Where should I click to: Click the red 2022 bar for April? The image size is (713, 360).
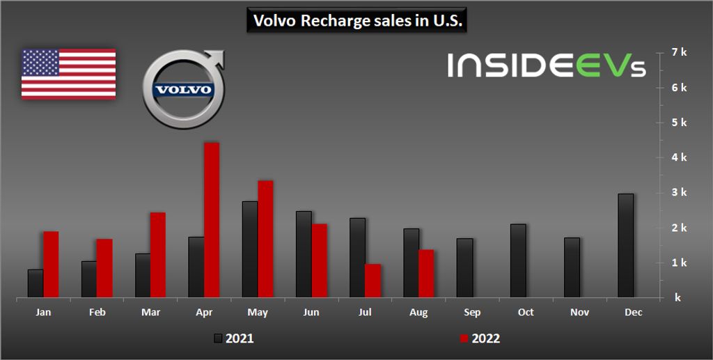point(212,220)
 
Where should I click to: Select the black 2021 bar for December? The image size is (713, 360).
point(626,245)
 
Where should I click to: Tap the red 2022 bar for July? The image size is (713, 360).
point(373,281)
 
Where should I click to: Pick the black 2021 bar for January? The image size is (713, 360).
point(36,283)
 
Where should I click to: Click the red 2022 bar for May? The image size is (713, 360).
point(265,239)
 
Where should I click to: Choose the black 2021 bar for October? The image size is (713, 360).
point(518,260)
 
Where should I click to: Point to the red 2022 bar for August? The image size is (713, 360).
point(426,274)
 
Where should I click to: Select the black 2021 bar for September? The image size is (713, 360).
point(464,268)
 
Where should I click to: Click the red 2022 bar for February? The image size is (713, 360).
point(104,268)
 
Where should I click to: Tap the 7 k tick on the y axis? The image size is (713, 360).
point(679,52)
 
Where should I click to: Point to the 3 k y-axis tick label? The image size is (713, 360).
point(679,193)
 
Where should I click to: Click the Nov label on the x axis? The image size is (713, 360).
point(579,313)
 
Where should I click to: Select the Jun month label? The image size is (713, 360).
point(311,313)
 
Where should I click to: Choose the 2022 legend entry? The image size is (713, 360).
point(479,338)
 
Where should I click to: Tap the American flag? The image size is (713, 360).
point(68,74)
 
